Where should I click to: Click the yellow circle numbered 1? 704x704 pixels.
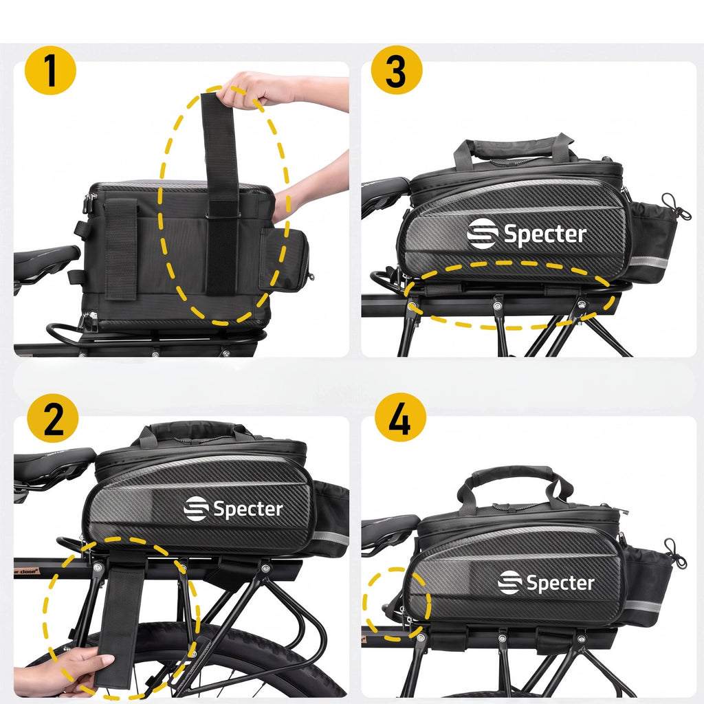tap(50, 70)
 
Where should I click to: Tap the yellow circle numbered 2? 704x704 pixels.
tap(52, 419)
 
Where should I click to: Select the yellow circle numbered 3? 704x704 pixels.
tap(397, 70)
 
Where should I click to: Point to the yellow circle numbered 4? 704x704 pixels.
tap(400, 417)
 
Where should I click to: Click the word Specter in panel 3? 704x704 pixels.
tap(545, 234)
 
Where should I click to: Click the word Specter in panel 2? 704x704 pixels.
tap(248, 509)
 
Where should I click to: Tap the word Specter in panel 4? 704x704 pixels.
tap(560, 583)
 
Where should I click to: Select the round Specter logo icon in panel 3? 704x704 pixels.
tap(482, 234)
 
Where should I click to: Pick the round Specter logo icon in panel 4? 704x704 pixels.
tap(510, 582)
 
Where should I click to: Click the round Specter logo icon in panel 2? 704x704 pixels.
tap(196, 509)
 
